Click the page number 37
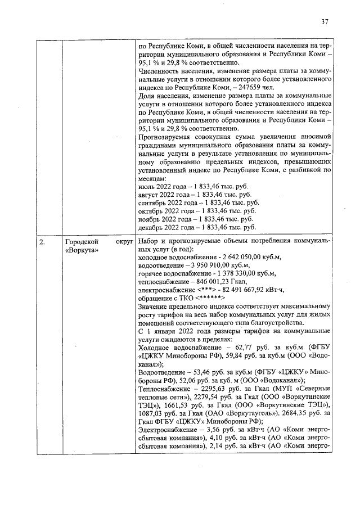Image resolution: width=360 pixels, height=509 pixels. (x=325, y=22)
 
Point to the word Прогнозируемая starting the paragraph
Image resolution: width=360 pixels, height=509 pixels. (x=166, y=137)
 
